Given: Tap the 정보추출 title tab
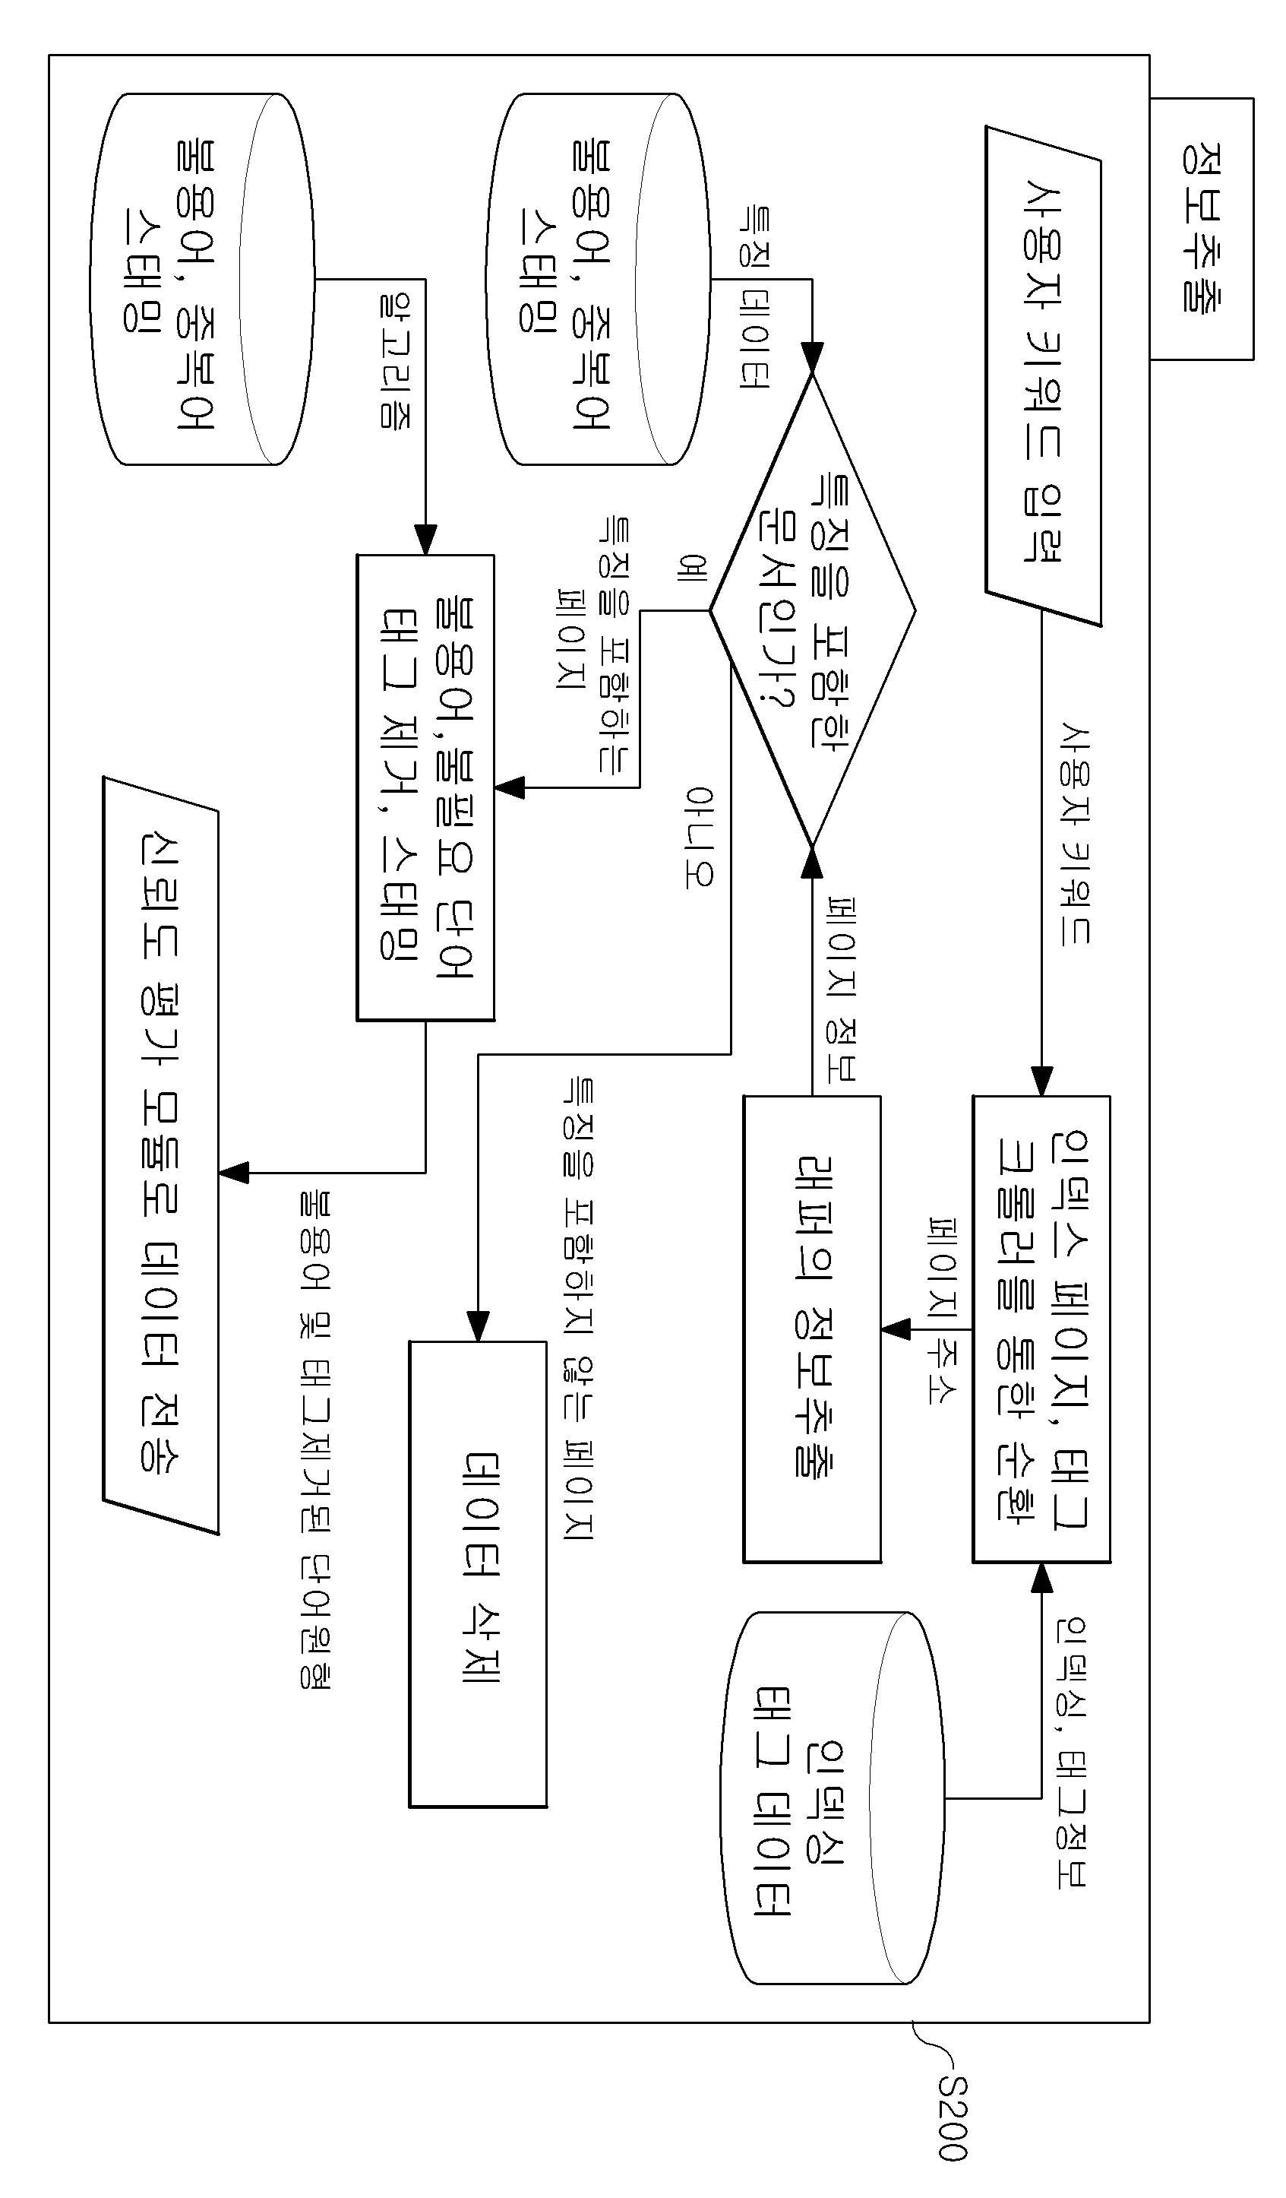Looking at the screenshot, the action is point(1202,229).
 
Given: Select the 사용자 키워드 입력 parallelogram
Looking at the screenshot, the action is point(1043,376).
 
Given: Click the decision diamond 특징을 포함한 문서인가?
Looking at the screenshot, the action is point(812,610).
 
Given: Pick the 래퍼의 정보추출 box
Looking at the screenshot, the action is point(812,1329).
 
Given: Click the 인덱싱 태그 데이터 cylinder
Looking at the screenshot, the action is point(833,1798).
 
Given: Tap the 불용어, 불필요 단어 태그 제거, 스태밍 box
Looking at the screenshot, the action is point(425,787).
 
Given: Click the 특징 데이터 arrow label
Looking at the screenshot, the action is point(754,297).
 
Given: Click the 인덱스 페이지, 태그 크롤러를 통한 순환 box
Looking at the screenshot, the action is point(1042,1329).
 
